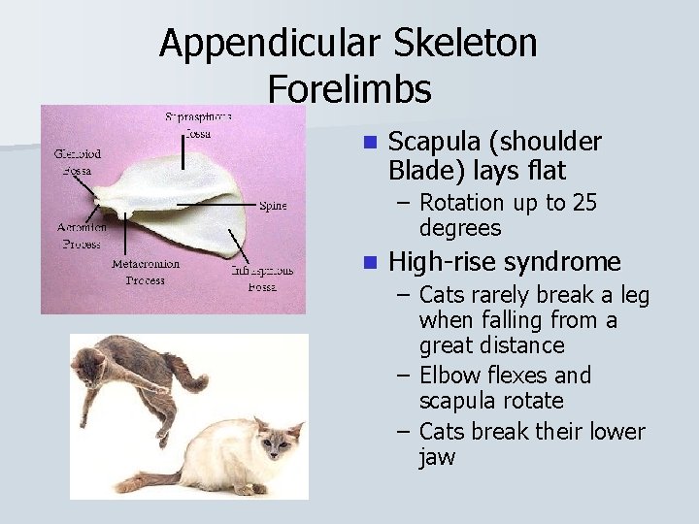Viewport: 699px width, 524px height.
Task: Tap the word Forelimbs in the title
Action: pyautogui.click(x=349, y=89)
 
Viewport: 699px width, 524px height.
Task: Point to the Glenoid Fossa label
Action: pyautogui.click(x=77, y=162)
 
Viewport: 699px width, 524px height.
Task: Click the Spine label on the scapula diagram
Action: pyautogui.click(x=273, y=205)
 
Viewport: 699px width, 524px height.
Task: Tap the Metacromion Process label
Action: pyautogui.click(x=145, y=272)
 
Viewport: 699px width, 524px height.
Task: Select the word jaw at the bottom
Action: pyautogui.click(x=437, y=457)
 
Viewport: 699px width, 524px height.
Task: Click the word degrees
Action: pyautogui.click(x=460, y=228)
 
